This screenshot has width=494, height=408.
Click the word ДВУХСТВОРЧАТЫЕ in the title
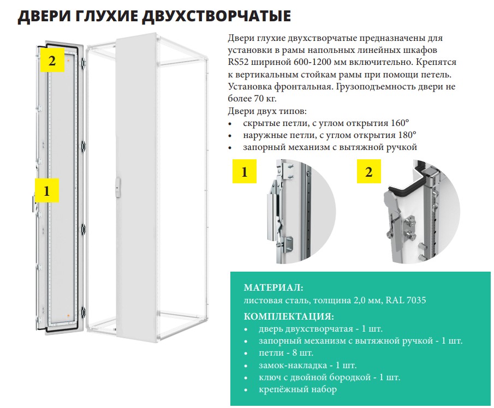coord(217,16)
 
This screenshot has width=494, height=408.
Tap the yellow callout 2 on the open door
coord(52,60)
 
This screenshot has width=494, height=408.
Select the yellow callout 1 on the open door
coord(47,190)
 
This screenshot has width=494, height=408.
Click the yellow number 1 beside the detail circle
coord(245,171)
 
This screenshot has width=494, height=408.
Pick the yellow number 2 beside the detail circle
coord(369,171)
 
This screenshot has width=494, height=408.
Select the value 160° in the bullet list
coord(400,123)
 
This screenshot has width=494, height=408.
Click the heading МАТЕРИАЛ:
coord(273,287)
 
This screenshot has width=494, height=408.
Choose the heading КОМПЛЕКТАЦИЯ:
coord(289,316)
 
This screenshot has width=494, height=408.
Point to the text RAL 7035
coord(406,299)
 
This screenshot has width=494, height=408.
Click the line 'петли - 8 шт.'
coord(286,352)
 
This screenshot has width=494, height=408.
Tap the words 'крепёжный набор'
coord(297,389)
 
